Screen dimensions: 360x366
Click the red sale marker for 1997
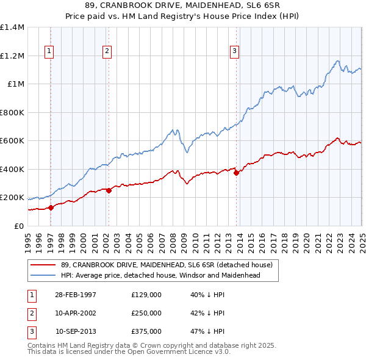click(51, 207)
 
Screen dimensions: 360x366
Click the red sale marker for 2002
click(109, 190)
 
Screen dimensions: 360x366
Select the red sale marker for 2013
click(236, 173)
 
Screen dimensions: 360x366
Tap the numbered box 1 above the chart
click(49, 51)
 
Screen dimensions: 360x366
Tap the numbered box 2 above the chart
click(107, 51)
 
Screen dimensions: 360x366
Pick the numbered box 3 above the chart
click(234, 51)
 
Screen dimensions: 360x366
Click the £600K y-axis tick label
click(12, 141)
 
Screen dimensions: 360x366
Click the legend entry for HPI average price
click(160, 275)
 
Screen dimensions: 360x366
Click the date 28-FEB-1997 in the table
click(76, 295)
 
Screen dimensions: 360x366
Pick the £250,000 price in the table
click(146, 313)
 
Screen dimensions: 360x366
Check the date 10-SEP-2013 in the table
click(76, 331)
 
